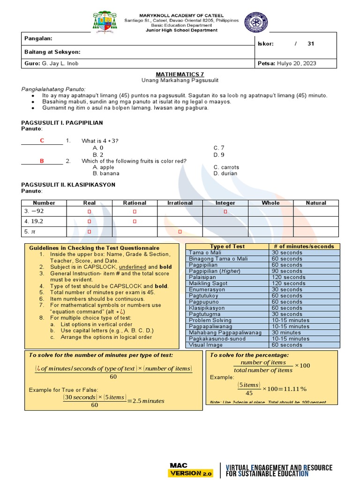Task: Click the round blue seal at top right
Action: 256,22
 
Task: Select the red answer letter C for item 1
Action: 42,141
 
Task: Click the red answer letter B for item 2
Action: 42,161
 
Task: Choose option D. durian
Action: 225,173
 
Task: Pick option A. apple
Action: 104,167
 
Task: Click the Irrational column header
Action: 180,203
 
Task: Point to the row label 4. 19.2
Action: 34,221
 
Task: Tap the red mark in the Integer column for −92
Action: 225,212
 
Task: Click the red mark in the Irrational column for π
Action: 180,232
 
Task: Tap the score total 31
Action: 311,44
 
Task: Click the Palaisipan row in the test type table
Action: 205,277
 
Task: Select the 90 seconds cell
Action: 287,271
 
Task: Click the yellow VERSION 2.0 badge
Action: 191,473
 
